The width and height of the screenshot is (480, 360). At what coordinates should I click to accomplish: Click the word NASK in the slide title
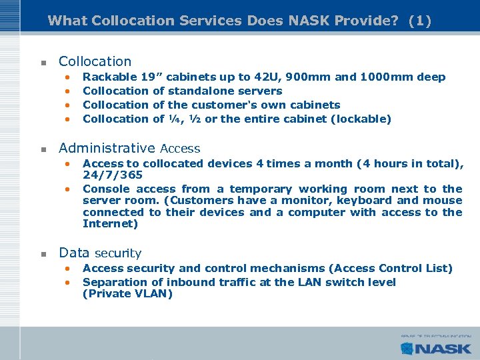point(311,21)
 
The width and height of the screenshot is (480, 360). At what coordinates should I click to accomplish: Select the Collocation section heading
point(95,61)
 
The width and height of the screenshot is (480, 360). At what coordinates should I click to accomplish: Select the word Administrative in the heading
point(107,148)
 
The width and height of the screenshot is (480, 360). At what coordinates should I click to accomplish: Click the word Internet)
point(110,224)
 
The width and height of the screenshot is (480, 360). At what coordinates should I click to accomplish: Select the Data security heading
point(100,253)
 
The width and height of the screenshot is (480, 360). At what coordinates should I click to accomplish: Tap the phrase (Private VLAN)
point(127,293)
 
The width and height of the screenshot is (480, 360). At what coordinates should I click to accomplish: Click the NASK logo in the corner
point(436,347)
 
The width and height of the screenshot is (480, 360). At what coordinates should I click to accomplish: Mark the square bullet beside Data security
point(42,254)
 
